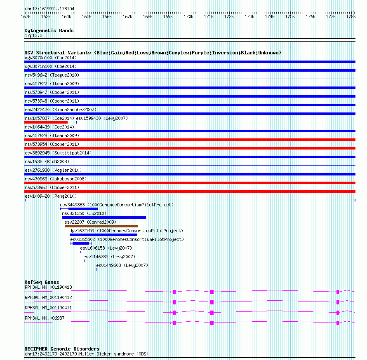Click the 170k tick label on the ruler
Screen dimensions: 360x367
coord(188,16)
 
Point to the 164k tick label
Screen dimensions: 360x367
coord(66,16)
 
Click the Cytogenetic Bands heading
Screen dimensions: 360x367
coord(49,30)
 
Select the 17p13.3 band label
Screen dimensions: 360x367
coord(33,36)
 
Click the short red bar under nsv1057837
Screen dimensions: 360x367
coord(46,122)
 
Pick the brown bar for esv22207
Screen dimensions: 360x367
coord(101,226)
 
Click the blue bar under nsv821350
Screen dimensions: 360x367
coord(104,217)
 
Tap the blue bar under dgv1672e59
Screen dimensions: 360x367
coord(103,235)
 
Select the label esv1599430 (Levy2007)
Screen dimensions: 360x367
coord(102,118)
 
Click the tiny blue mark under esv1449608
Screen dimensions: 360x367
coord(97,269)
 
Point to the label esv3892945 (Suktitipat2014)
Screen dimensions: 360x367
coord(58,153)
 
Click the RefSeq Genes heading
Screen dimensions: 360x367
coord(42,282)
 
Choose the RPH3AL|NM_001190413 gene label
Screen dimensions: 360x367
coord(48,287)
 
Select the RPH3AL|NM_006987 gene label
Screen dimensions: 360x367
coord(45,318)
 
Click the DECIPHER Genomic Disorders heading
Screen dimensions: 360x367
coord(62,349)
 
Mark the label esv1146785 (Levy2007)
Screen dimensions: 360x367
coord(109,257)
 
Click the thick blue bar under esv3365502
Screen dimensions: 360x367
coord(81,243)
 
